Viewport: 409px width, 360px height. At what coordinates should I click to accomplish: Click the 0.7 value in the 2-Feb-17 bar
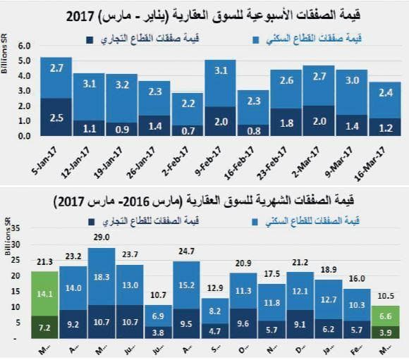(x=188, y=130)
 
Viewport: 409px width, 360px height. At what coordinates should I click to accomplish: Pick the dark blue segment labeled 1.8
(x=286, y=123)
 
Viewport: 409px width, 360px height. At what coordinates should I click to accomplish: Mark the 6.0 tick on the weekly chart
(x=25, y=45)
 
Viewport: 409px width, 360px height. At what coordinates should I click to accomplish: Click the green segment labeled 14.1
(x=44, y=295)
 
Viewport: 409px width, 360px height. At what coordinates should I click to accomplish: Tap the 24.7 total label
(x=185, y=252)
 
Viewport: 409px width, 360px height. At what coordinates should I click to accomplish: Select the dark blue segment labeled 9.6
(x=243, y=325)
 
